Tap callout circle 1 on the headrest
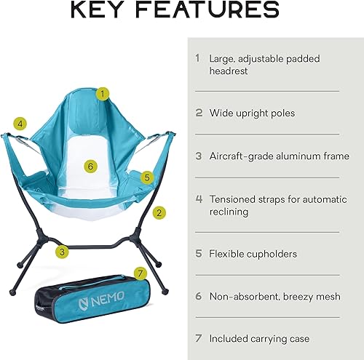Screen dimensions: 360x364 click(x=103, y=93)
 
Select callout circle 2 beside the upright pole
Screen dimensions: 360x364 click(x=159, y=213)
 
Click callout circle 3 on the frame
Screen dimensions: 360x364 click(x=63, y=252)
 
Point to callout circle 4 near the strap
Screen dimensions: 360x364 click(x=20, y=124)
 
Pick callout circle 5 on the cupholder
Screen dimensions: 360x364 click(x=146, y=177)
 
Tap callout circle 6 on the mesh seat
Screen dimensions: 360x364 click(x=90, y=166)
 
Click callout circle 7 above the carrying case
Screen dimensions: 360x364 click(x=141, y=273)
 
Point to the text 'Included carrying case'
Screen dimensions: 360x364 click(x=259, y=338)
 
